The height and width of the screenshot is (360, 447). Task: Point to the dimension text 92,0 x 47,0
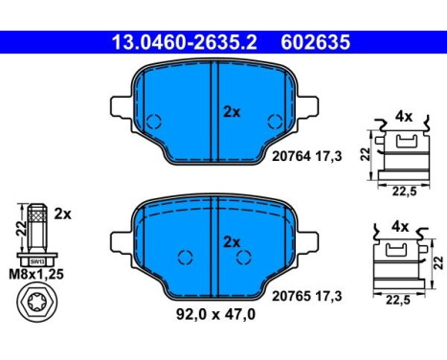tap(217, 311)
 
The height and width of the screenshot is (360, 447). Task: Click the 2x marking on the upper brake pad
tap(231, 111)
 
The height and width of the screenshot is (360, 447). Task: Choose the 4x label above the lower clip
tap(401, 227)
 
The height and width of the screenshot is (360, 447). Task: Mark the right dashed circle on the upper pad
tap(277, 123)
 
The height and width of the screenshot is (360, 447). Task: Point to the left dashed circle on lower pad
tap(186, 257)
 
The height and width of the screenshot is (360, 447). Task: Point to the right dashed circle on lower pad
tap(244, 257)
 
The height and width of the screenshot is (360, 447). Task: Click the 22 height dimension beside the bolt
tap(21, 228)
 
